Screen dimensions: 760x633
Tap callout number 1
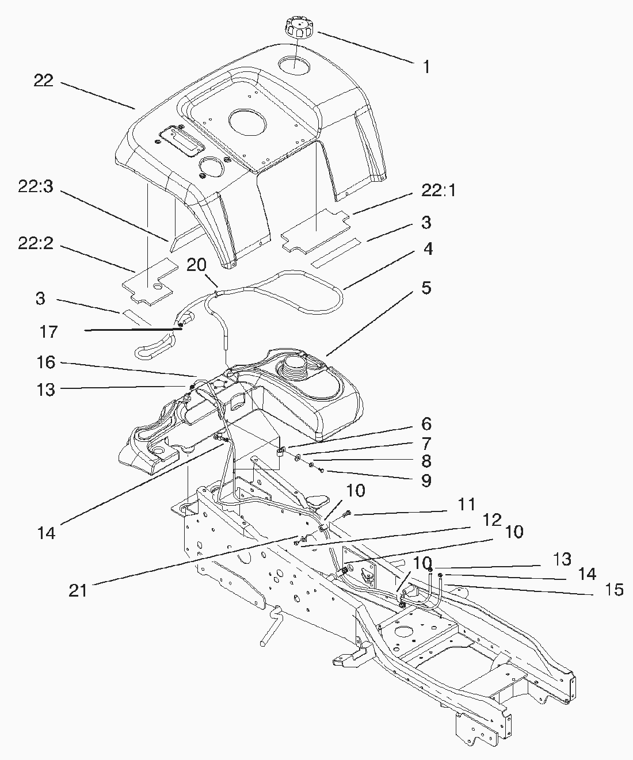point(426,67)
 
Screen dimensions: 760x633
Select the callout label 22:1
point(438,191)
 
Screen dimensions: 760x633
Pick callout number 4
point(427,249)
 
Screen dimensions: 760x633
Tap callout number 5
point(426,288)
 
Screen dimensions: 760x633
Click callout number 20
point(196,264)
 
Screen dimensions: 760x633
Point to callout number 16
point(45,362)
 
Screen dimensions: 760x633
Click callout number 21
point(78,590)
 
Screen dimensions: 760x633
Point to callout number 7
point(426,443)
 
